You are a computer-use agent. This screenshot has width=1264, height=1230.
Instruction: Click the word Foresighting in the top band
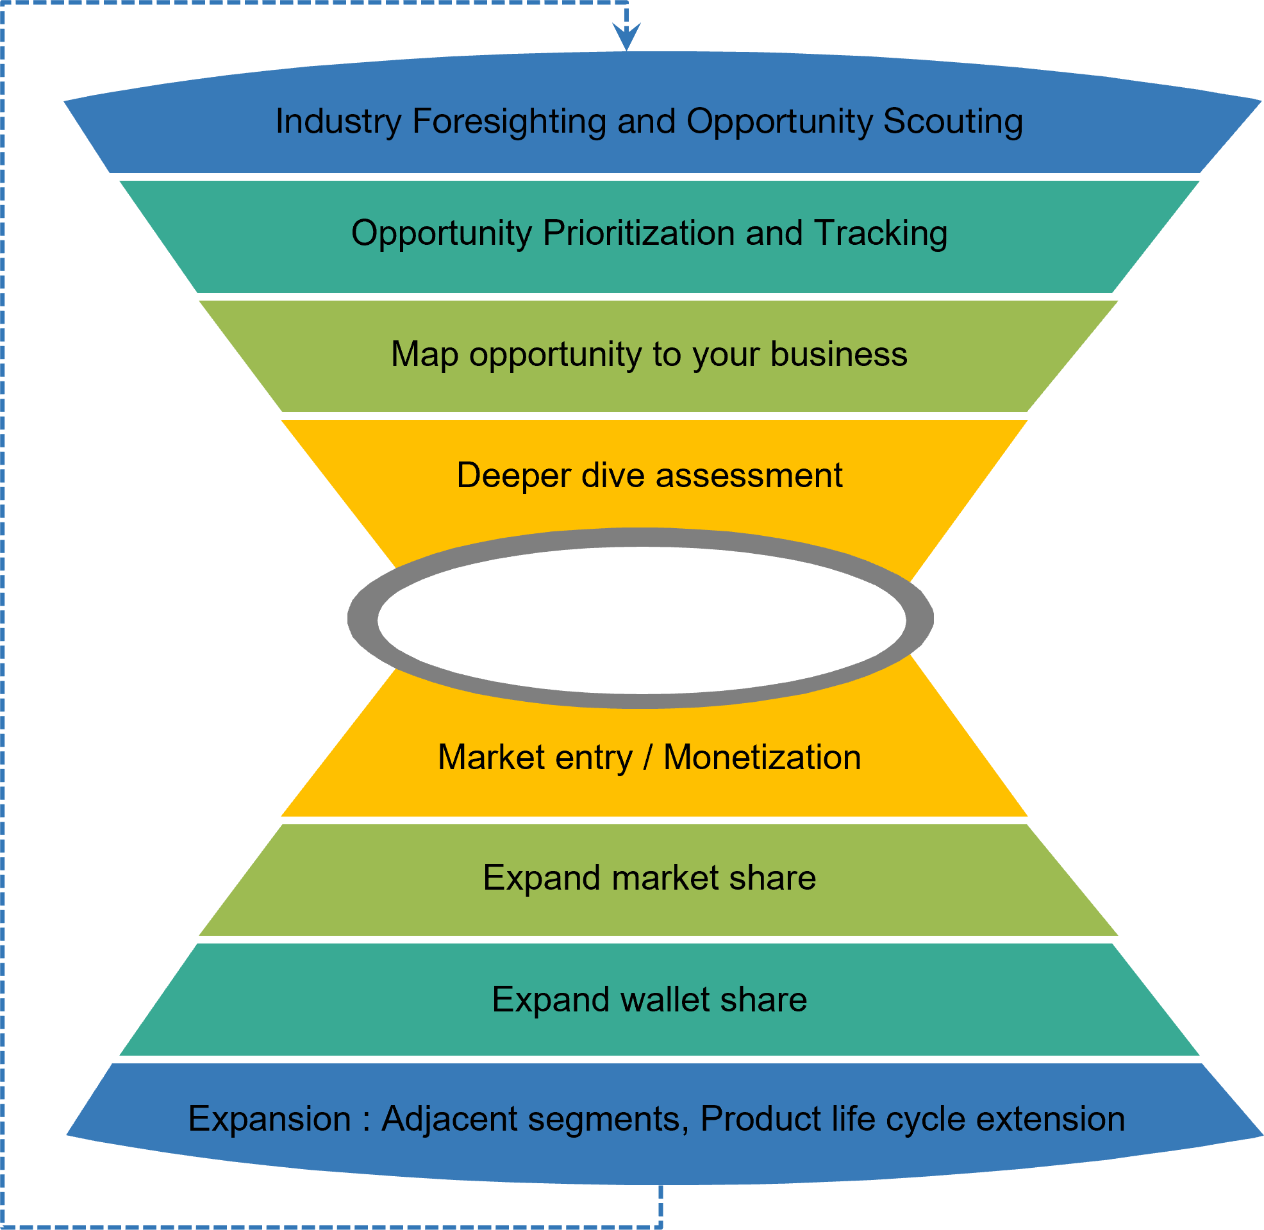509,121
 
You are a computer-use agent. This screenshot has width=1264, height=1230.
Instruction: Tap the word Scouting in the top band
952,121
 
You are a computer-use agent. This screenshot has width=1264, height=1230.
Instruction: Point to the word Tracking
880,233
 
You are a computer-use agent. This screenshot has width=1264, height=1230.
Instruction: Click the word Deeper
513,476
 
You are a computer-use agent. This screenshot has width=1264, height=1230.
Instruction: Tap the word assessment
749,476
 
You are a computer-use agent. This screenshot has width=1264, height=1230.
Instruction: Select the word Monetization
762,757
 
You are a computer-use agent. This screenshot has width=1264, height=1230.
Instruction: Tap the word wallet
665,999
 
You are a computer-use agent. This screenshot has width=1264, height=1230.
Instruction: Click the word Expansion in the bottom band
269,1119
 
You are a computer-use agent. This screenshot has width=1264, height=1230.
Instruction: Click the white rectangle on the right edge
1220,570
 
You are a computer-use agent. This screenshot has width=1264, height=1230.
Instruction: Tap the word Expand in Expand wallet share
551,999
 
